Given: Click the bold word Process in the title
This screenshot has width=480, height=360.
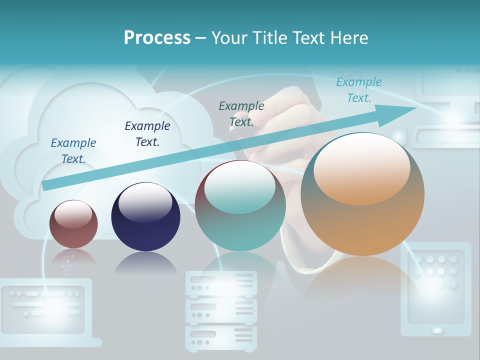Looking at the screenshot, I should coord(157,37).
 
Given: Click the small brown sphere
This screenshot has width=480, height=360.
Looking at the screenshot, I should coord(73,224).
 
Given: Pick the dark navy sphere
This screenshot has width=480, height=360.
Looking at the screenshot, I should coord(145,217).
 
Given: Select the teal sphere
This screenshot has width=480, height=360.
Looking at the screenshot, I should coord(240,205).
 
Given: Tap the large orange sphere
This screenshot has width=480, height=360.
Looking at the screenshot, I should coord(362,194).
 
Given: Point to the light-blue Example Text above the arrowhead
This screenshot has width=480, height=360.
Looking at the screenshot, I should coord(358,90).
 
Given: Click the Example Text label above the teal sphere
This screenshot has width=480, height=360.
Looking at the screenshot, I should coord(241,113).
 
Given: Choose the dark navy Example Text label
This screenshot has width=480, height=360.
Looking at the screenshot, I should coord(147,133).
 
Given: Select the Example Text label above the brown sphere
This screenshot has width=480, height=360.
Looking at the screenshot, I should coord(73,150).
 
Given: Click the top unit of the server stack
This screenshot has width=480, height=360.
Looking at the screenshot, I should coord(221,283).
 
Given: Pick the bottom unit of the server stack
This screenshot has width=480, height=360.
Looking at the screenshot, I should coord(221,337).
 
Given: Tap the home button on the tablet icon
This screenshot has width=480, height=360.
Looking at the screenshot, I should coord(437,330).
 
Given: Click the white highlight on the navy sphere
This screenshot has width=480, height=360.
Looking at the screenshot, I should coord(145,204).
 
